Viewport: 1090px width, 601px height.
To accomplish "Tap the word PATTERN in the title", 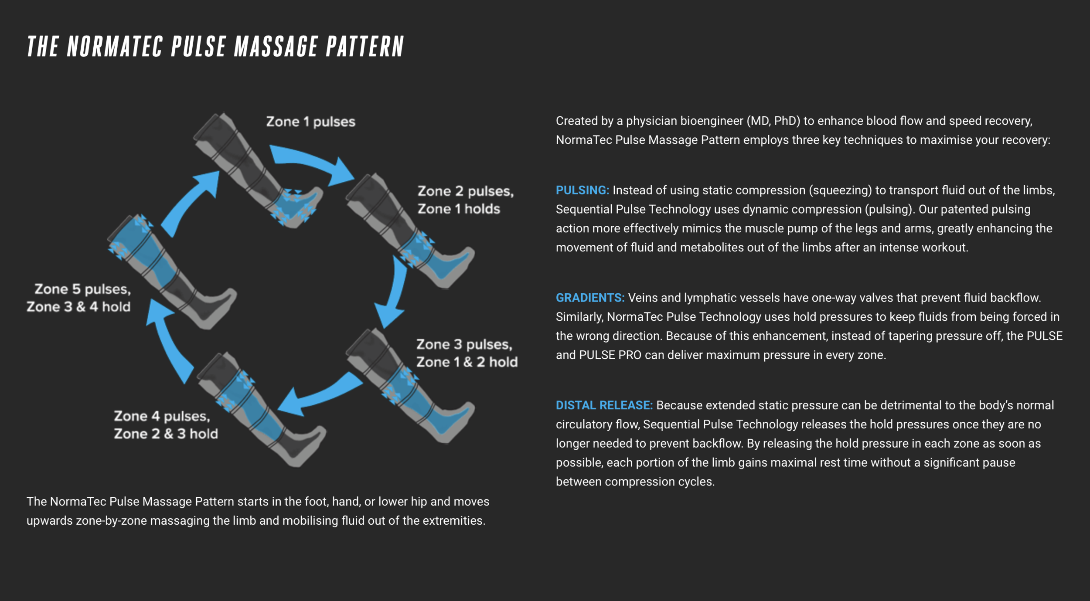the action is [365, 47].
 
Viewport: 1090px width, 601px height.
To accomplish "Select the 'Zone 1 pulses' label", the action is [310, 122].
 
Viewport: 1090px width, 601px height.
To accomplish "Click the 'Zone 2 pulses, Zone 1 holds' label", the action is [465, 200].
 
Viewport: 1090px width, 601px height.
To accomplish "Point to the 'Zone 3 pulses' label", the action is [464, 345].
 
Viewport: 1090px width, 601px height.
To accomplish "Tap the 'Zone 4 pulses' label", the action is [162, 416].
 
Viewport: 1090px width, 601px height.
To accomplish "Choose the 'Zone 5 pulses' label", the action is [82, 289].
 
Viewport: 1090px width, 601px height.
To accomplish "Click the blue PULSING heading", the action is [582, 190].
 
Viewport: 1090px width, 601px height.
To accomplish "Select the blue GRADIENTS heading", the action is [590, 298].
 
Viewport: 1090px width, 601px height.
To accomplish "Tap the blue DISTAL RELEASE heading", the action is [604, 406].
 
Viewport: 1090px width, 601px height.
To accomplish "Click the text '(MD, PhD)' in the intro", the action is [773, 121].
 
